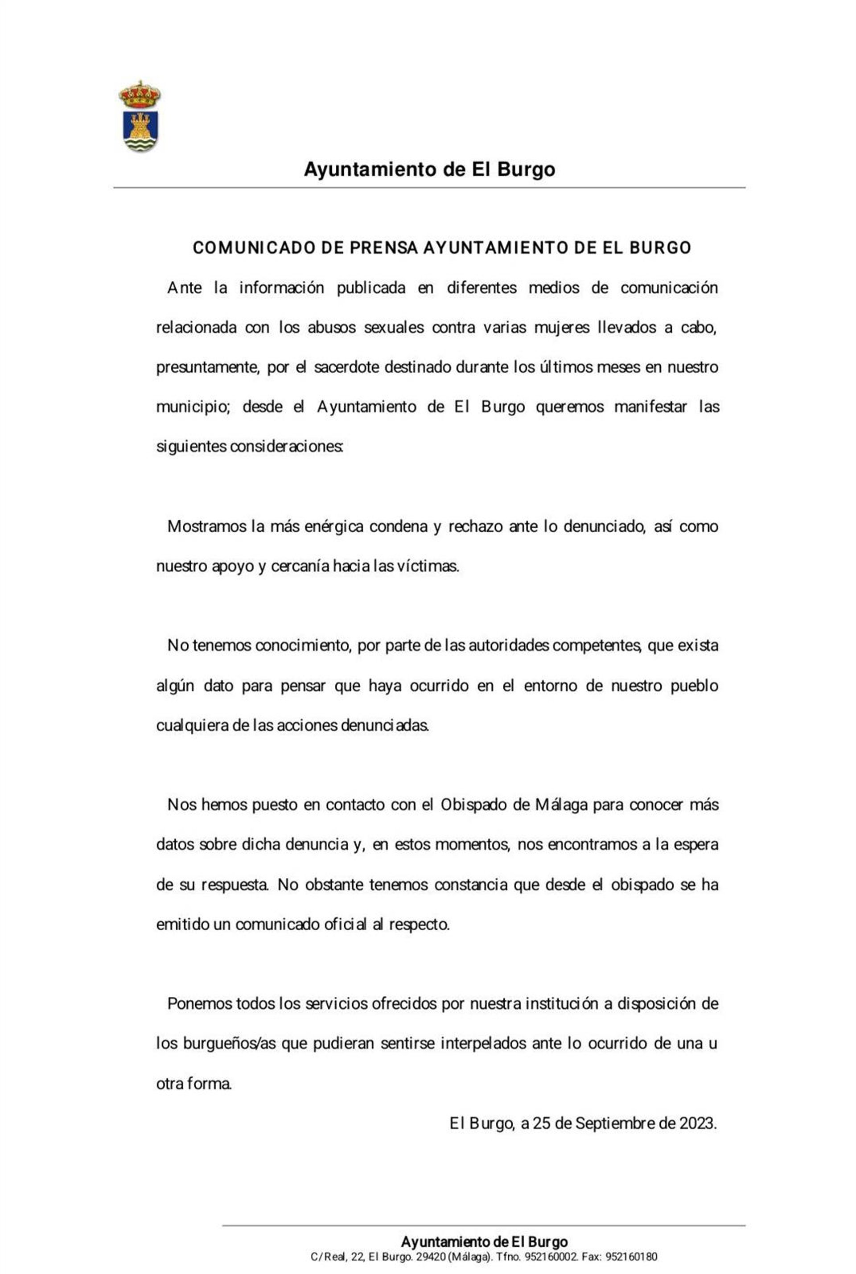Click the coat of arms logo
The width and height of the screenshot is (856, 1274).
click(140, 116)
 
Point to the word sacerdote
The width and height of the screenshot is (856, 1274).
click(347, 367)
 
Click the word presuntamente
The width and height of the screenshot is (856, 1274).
click(207, 367)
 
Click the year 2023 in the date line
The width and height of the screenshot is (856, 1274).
click(697, 1123)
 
